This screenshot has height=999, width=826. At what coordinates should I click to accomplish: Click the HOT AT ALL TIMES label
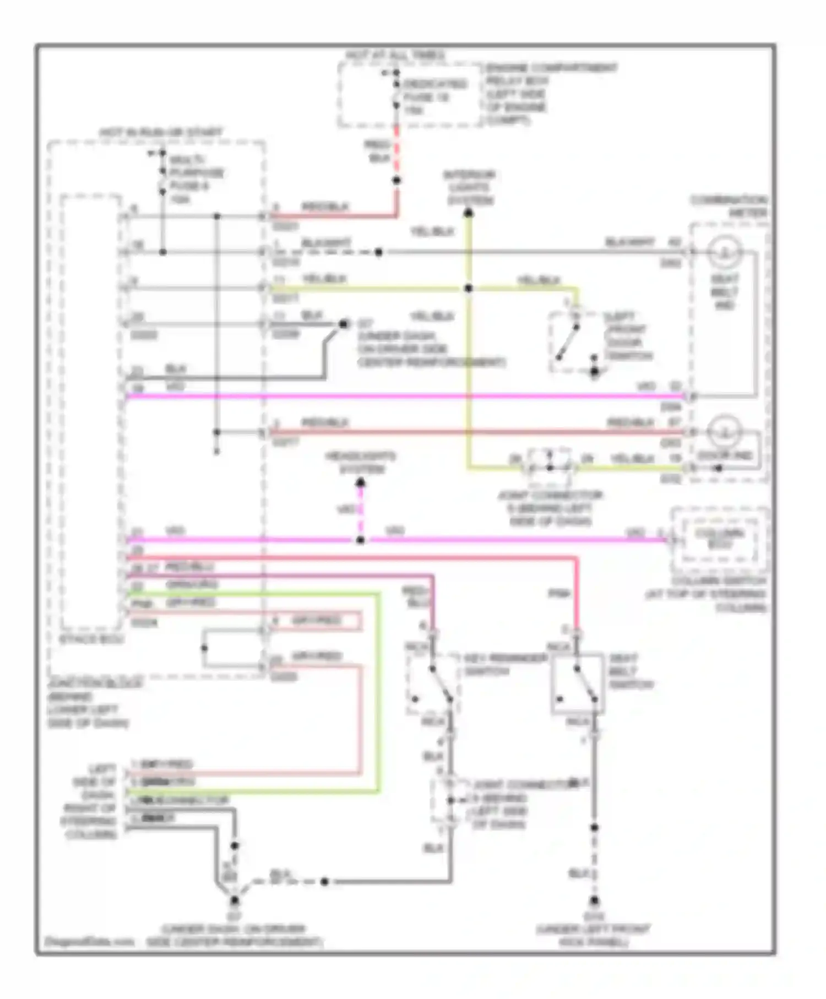coord(395,56)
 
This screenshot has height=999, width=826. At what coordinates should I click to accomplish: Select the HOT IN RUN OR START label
coord(161,133)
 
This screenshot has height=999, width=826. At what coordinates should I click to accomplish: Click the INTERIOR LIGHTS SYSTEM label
coord(470,187)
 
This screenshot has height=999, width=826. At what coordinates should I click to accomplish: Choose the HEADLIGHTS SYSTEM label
coord(361,463)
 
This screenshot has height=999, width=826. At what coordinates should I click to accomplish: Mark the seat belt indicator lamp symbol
coord(724,252)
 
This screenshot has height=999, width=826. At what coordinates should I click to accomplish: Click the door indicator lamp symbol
coord(724,431)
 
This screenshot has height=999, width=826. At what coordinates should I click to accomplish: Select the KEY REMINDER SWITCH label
coord(505,665)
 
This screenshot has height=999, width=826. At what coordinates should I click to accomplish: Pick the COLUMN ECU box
coord(719,539)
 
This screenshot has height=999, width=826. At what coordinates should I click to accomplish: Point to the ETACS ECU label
coord(91,639)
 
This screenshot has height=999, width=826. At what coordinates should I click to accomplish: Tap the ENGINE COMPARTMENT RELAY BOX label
coord(551,94)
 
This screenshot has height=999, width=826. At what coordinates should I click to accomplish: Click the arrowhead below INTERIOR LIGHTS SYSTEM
coord(469,213)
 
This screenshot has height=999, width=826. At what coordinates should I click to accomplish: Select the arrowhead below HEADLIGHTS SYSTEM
coord(360,483)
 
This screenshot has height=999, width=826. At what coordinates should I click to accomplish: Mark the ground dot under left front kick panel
coord(594,902)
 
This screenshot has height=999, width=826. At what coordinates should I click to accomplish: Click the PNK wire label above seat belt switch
coord(558,594)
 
